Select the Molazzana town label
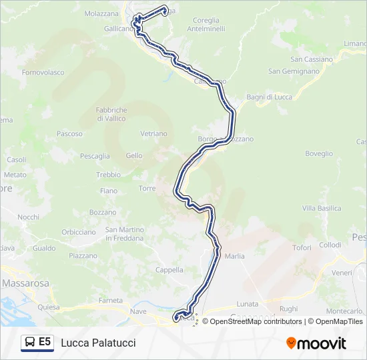pos(101,13)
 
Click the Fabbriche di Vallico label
pos(111,114)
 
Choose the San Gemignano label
pos(294,71)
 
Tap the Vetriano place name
pos(153,133)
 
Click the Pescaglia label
pos(95,156)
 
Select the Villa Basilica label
pos(322,208)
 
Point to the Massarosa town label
pos(25,283)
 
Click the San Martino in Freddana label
pos(124,234)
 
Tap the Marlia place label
pos(235,256)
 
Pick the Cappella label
pos(169,270)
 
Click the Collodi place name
pos(330,245)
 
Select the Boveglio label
pos(319,153)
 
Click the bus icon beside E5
pos(30,342)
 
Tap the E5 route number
pos(45,342)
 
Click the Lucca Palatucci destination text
pos(98,343)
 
